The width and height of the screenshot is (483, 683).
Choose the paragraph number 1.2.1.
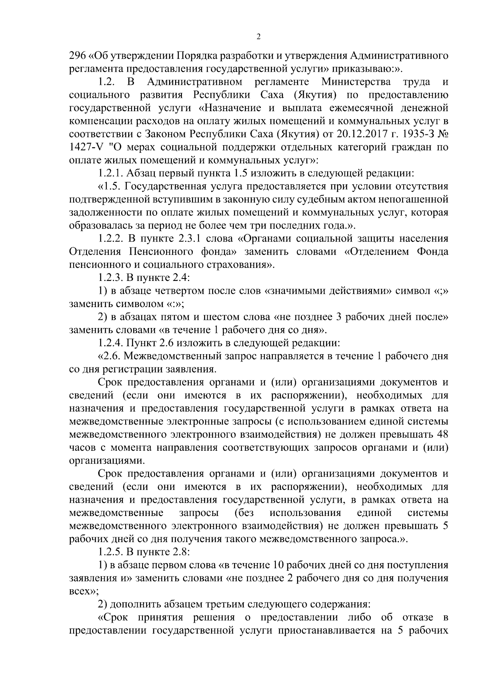[x=110, y=173]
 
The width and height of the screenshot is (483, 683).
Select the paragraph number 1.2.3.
[x=110, y=277]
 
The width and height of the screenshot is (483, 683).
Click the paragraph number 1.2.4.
[x=110, y=343]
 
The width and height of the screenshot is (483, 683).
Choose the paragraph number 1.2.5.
[x=110, y=551]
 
